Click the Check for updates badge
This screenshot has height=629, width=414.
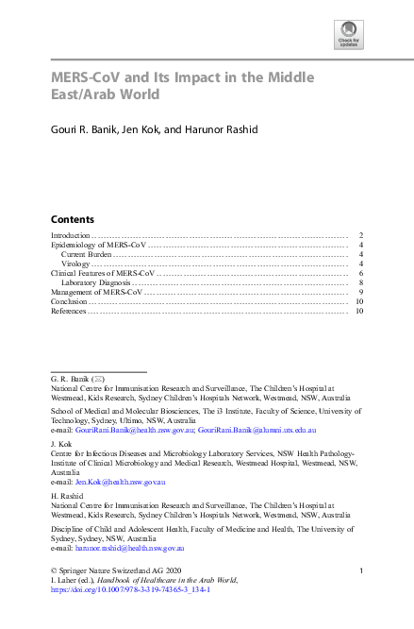348,33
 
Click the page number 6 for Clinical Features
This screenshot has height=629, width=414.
361,273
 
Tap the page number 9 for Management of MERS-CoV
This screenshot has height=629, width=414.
361,292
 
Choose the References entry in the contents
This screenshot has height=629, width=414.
68,311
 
